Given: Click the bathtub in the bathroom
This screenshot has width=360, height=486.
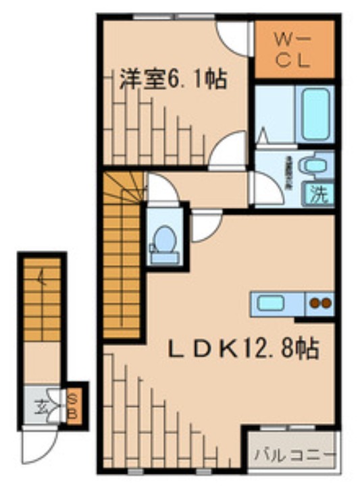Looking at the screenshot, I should click(315, 114).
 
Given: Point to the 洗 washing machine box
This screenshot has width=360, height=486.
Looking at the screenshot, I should click(319, 194).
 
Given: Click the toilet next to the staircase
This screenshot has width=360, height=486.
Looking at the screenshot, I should click(163, 239).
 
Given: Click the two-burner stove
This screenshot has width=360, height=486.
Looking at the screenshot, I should click(320, 303).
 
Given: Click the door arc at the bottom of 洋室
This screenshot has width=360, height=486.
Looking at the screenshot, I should click(227, 152).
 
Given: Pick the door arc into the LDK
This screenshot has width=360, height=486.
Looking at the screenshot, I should click(206, 227).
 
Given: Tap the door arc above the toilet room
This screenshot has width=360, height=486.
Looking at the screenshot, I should click(163, 189).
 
